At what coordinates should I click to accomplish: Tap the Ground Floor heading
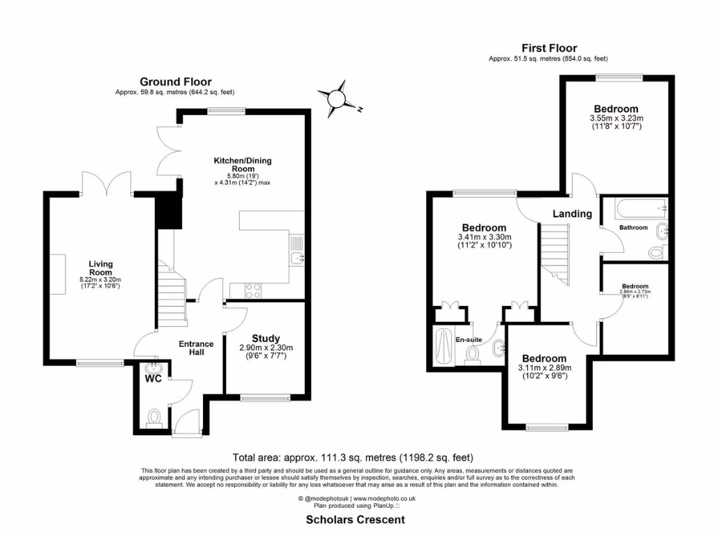pyautogui.click(x=176, y=82)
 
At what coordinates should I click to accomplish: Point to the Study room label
pyautogui.click(x=266, y=338)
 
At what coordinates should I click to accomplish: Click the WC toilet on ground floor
pyautogui.click(x=153, y=417)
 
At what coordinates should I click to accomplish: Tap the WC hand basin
pyautogui.click(x=153, y=369)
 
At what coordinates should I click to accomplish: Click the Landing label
pyautogui.click(x=572, y=214)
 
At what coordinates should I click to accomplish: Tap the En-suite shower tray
pyautogui.click(x=443, y=346)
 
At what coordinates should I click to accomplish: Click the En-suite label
pyautogui.click(x=469, y=339)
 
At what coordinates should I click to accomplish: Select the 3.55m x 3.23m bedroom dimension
pyautogui.click(x=616, y=118)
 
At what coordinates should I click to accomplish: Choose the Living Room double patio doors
pyautogui.click(x=106, y=184)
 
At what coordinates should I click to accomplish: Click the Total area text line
pyautogui.click(x=353, y=458)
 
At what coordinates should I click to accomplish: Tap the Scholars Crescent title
pyautogui.click(x=356, y=520)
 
